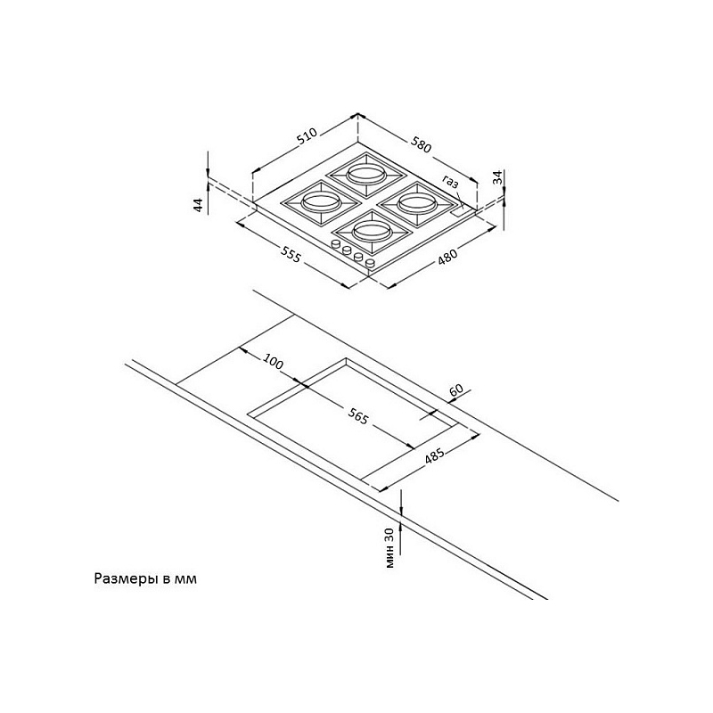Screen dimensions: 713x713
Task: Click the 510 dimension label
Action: tap(307, 136)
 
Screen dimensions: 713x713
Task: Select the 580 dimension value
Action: tap(421, 144)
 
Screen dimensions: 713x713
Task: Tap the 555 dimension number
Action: tap(291, 255)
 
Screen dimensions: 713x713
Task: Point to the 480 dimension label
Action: tap(448, 257)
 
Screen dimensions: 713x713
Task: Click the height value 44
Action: tap(198, 205)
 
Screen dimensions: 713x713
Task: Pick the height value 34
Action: tap(498, 176)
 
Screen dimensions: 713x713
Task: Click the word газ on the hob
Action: tap(450, 182)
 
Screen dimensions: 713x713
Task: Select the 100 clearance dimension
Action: tap(273, 362)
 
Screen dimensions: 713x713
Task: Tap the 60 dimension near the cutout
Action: tap(456, 389)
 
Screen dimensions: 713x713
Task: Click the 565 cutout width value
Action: tap(358, 416)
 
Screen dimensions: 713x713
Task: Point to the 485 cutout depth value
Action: tap(435, 456)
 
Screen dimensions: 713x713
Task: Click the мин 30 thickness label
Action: tap(389, 548)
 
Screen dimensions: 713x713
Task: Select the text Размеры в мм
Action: tap(145, 578)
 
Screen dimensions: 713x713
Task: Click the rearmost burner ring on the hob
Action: tap(367, 174)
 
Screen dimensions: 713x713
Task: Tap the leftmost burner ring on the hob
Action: tap(321, 201)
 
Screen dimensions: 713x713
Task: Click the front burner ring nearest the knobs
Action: tap(372, 232)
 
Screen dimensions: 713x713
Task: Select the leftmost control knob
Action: tap(337, 244)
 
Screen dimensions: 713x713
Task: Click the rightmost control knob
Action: tap(370, 263)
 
